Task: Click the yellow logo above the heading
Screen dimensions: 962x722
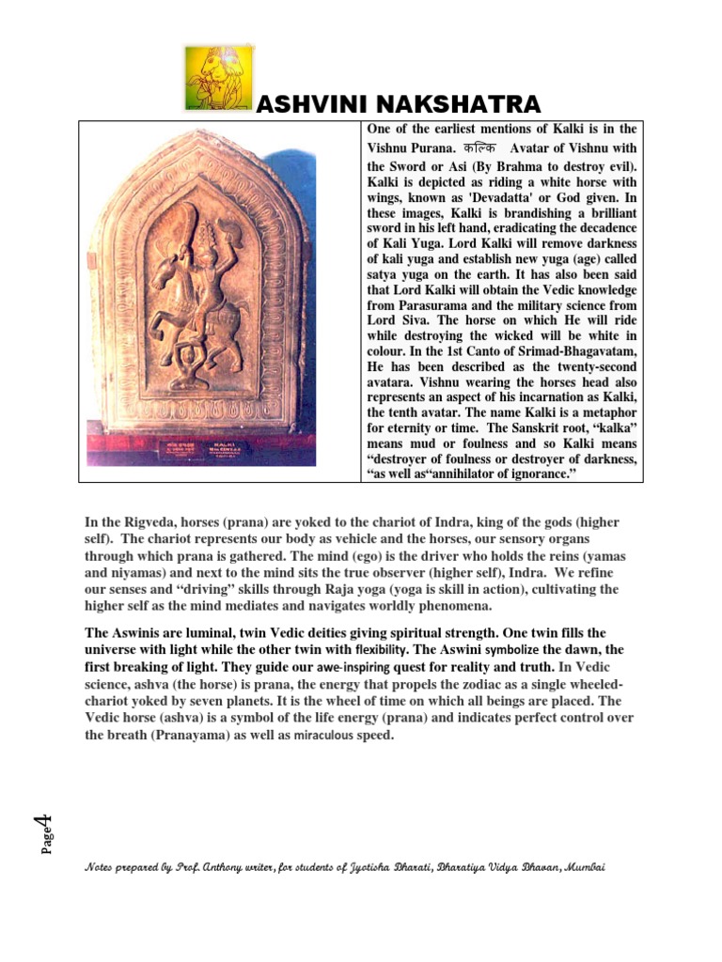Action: [x=218, y=76]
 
